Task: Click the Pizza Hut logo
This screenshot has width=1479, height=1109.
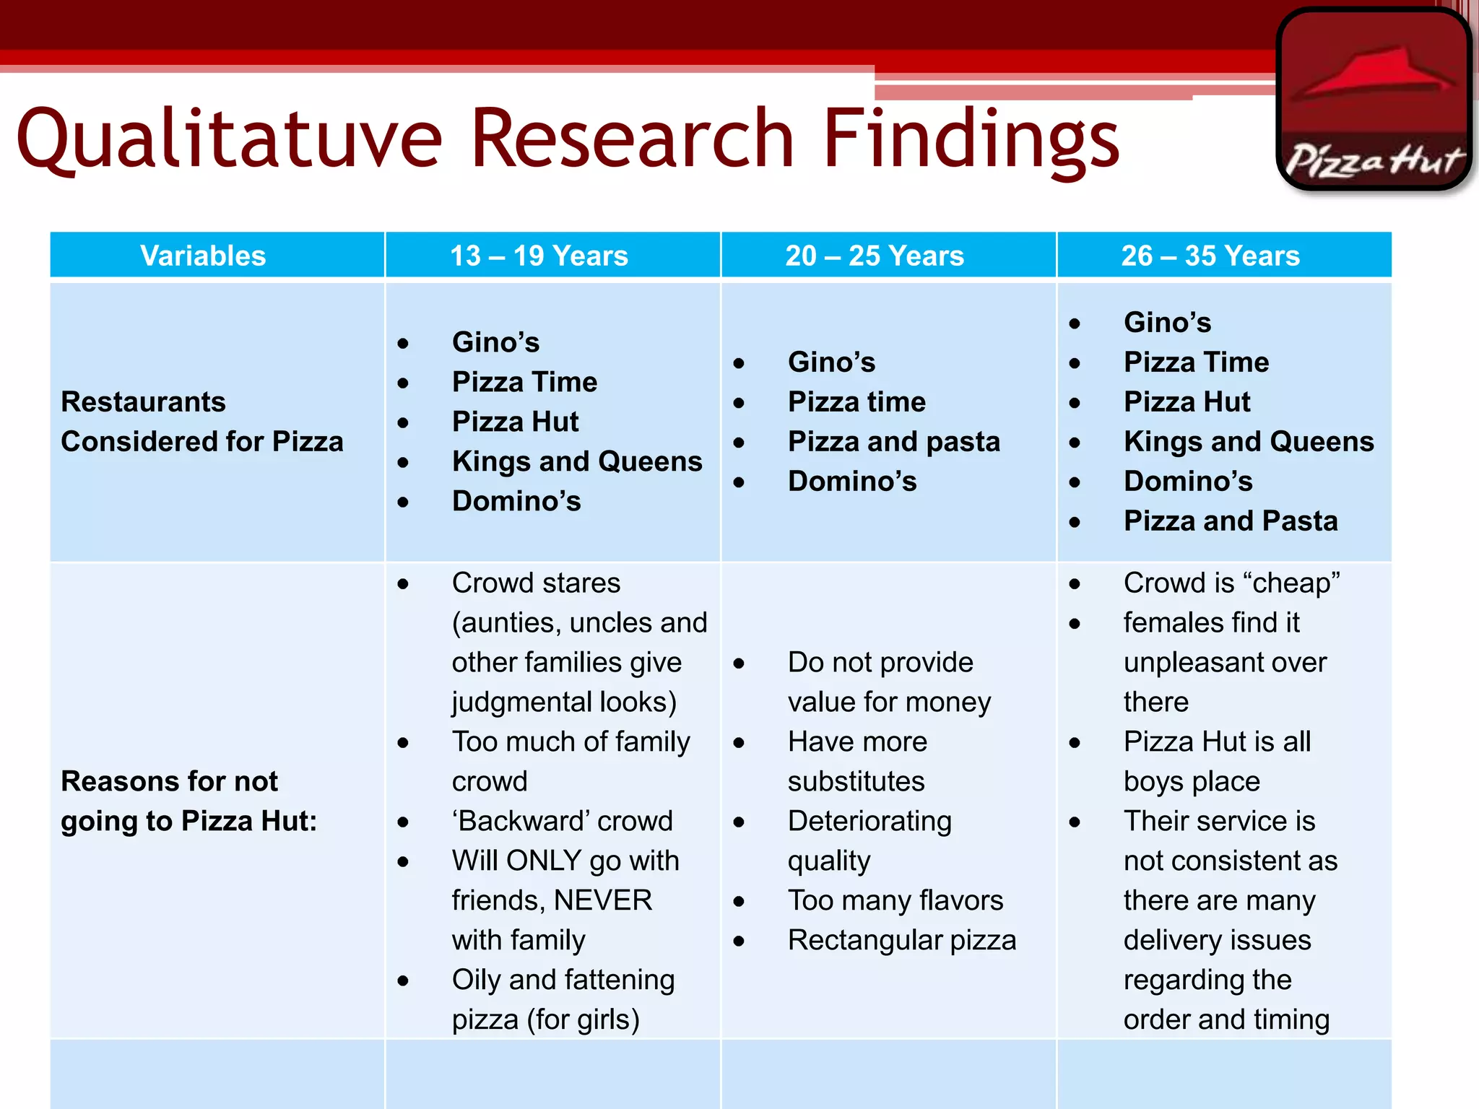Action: coord(1374,100)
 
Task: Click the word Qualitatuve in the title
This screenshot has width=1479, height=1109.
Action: coord(229,138)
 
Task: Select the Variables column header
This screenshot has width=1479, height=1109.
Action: coord(203,256)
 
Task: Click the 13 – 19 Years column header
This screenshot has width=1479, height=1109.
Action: coord(539,256)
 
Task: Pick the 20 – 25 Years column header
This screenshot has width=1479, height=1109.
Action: coord(875,256)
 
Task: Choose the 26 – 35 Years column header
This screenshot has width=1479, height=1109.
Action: coord(1210,256)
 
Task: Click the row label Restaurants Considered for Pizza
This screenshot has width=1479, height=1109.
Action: coord(201,422)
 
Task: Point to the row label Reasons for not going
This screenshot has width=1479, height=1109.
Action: coord(188,801)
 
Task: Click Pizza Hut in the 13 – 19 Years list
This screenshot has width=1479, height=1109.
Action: coord(515,422)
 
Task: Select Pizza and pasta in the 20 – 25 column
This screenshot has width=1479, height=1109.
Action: coord(894,441)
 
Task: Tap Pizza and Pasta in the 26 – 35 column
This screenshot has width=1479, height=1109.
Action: coord(1231,521)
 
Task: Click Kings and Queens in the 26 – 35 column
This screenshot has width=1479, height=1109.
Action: coord(1249,441)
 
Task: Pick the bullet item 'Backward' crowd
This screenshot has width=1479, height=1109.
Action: coord(562,821)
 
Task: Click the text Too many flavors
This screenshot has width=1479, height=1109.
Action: coord(895,900)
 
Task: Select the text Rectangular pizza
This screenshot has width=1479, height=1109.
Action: coord(902,940)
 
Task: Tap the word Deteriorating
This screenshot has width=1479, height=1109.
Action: coord(869,821)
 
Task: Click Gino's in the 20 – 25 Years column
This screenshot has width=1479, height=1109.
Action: coord(831,362)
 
